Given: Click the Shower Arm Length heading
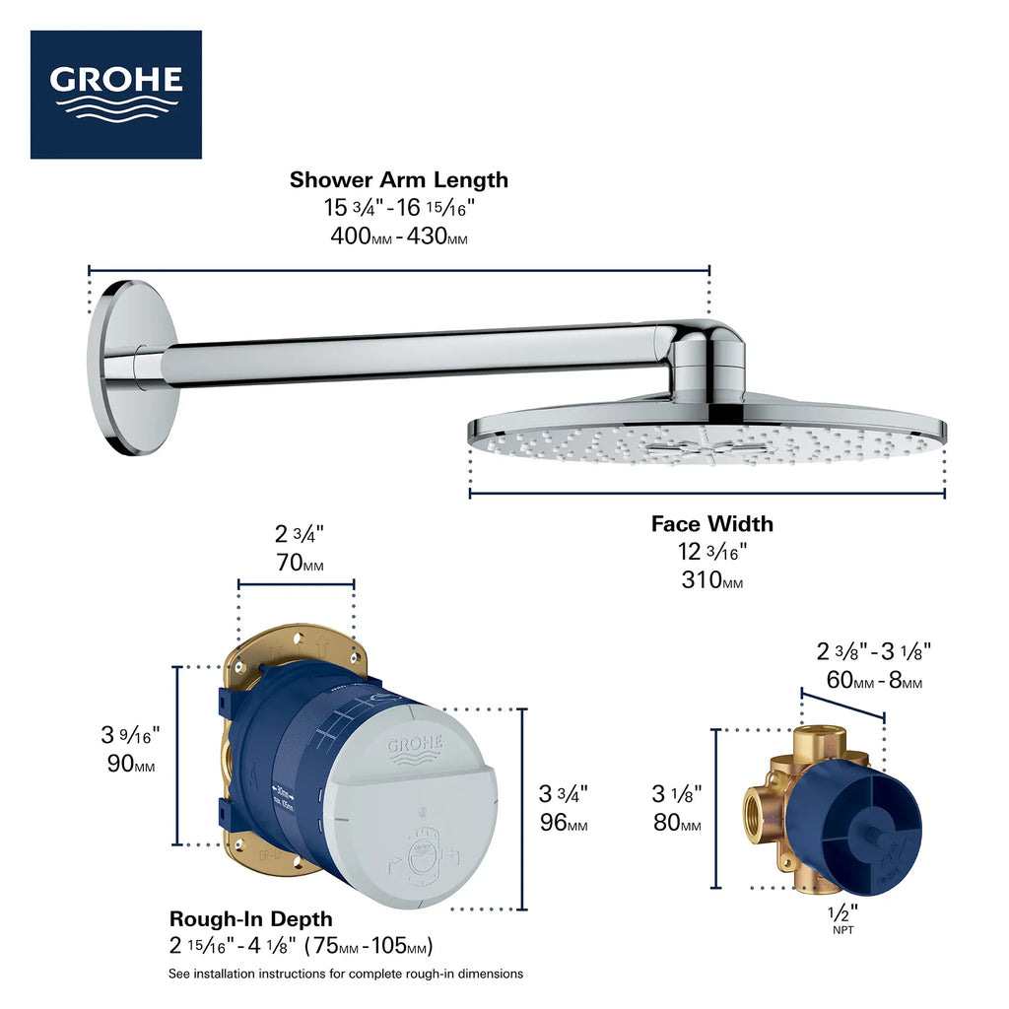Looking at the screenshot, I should (398, 179).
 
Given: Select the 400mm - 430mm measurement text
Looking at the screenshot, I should (398, 236).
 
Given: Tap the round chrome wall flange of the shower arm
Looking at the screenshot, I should (128, 367).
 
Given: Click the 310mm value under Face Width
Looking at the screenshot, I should (711, 580).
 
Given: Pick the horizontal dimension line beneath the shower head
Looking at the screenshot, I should (706, 492).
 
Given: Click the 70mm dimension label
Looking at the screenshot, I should (299, 565).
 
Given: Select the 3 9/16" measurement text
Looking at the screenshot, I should (130, 734).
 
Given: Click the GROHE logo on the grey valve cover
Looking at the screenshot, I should (415, 748).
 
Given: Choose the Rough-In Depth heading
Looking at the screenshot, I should (250, 918).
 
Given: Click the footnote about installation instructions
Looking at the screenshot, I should (345, 974).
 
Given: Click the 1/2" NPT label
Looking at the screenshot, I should (843, 917).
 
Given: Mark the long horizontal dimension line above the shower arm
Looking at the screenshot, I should (398, 269).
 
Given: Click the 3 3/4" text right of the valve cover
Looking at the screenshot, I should (564, 793).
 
